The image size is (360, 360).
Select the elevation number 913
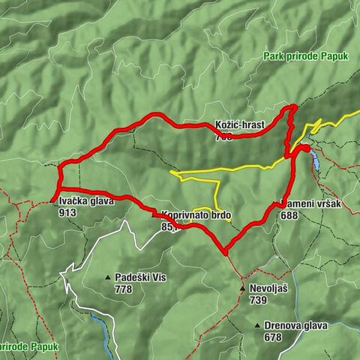click(x=67, y=212)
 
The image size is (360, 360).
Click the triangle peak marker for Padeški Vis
click(x=108, y=277)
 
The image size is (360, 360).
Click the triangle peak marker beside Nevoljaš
click(x=243, y=288)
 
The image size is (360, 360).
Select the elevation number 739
click(x=259, y=299)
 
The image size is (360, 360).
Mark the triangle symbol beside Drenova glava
click(x=257, y=325)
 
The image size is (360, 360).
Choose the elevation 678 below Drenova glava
click(x=273, y=337)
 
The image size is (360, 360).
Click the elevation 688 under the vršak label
click(x=290, y=214)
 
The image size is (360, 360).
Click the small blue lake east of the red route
click(x=316, y=159)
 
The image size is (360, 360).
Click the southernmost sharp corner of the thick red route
click(x=224, y=251)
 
